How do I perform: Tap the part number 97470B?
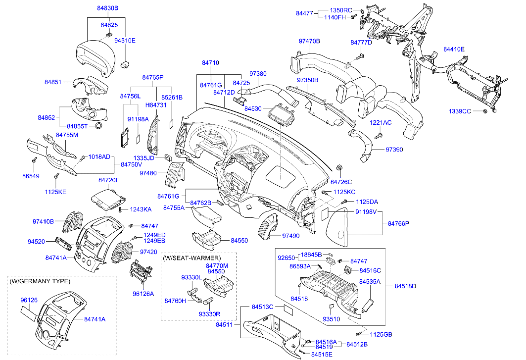tap(309, 41)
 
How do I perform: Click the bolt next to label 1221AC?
tap(379, 134)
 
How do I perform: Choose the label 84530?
tap(253, 108)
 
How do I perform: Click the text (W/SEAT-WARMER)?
tap(191, 258)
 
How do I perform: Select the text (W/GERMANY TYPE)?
tap(40, 281)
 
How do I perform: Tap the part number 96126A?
tap(143, 293)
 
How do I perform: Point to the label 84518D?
tap(405, 286)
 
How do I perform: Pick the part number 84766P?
tap(398, 224)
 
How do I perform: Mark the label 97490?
tap(291, 236)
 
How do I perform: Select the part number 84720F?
tap(109, 180)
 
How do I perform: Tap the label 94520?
tap(37, 241)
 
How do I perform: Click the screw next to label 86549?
tap(35, 160)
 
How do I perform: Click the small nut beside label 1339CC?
tap(485, 110)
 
